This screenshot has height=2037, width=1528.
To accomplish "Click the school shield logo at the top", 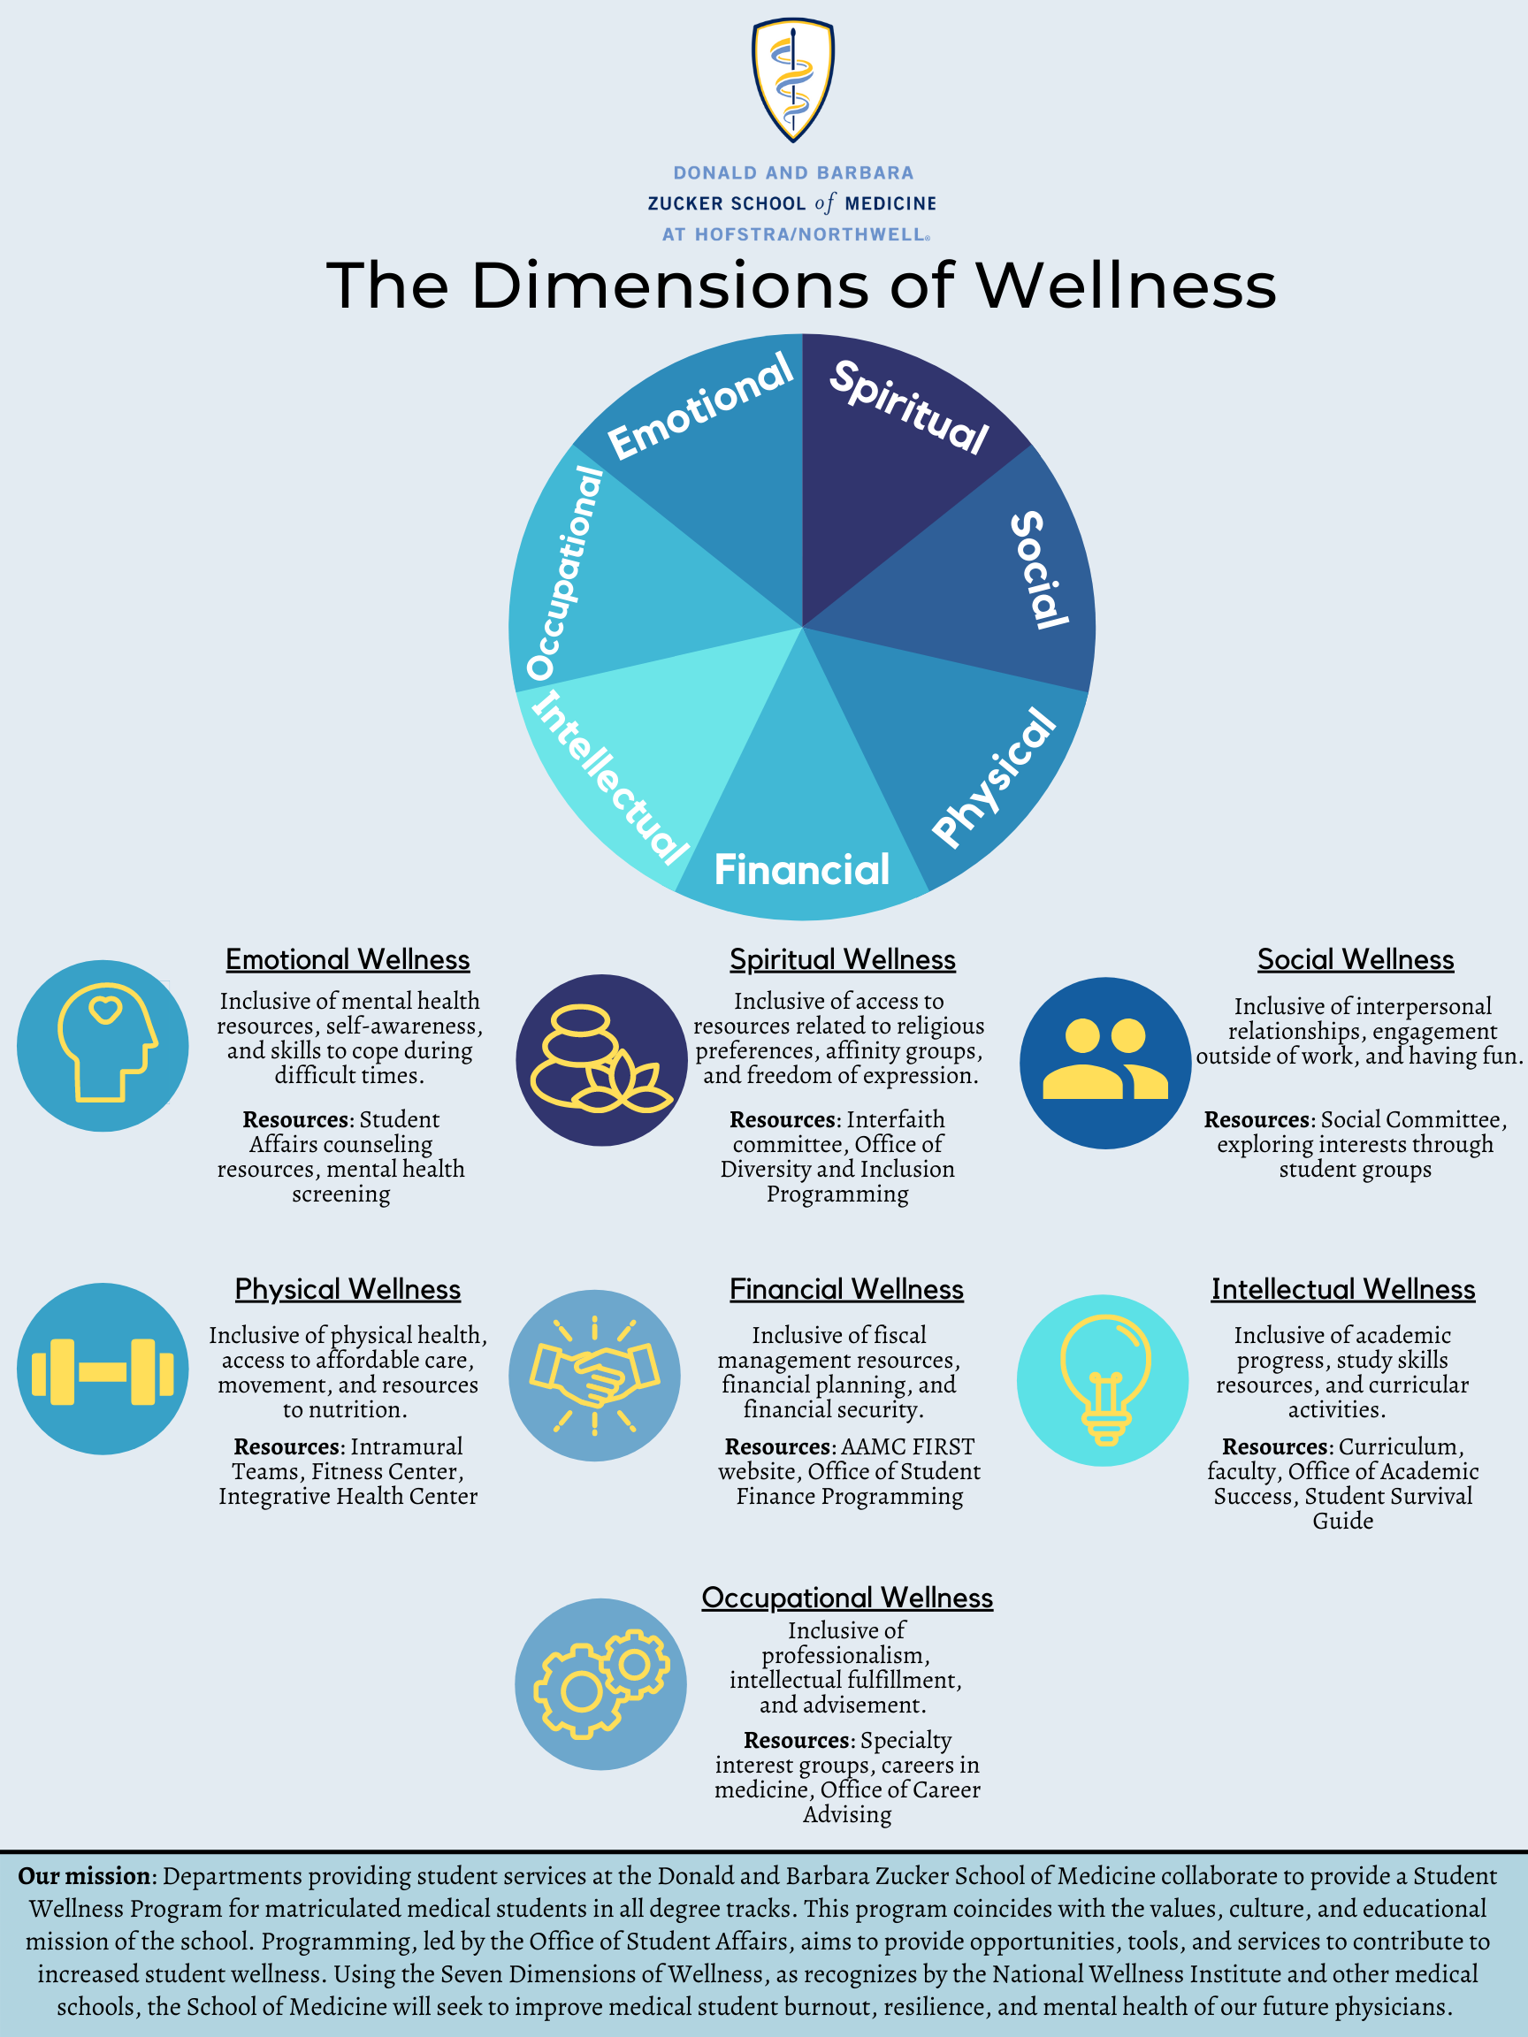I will point(792,80).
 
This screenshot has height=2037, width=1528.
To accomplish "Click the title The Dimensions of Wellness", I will point(800,285).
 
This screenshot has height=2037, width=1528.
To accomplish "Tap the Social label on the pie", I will point(1039,570).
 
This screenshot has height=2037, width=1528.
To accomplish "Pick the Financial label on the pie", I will point(801,870).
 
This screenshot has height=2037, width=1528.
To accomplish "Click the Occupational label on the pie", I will point(563,573).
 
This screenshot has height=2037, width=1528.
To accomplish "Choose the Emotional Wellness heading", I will point(348,959).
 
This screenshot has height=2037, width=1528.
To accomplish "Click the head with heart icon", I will point(103,1045).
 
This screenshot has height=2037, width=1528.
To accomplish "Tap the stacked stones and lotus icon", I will point(600,1060).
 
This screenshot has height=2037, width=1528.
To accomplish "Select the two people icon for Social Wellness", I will point(1104,1063).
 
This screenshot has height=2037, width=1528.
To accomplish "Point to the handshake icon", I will point(594,1375).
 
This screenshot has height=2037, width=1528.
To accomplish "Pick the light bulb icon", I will point(1103,1379).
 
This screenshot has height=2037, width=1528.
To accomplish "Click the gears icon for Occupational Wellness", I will point(600,1684).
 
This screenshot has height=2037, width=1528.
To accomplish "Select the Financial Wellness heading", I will point(845,1289).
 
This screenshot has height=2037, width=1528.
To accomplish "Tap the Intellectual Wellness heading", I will point(1342,1289).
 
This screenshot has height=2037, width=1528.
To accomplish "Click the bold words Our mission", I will point(85,1876).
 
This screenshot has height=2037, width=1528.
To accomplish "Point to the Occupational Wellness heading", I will point(846,1598).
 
